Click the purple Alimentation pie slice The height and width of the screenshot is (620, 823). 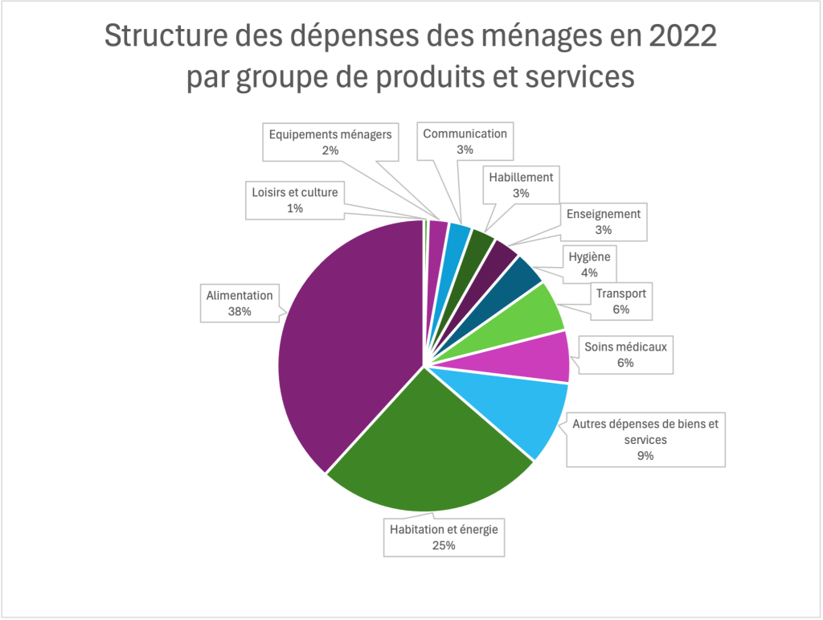point(346,338)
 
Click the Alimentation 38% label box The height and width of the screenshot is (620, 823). point(240,303)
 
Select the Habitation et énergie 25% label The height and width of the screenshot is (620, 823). point(444,537)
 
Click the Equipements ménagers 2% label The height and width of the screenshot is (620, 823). point(330,142)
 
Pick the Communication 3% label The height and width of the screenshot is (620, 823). point(465,142)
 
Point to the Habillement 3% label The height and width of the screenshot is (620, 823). point(521,185)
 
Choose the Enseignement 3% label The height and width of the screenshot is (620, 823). point(604,221)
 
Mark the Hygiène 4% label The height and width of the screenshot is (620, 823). point(590,265)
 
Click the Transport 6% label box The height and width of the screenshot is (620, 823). point(620,302)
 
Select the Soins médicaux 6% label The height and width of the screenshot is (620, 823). point(626,355)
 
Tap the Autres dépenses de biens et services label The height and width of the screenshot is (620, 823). point(645,440)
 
